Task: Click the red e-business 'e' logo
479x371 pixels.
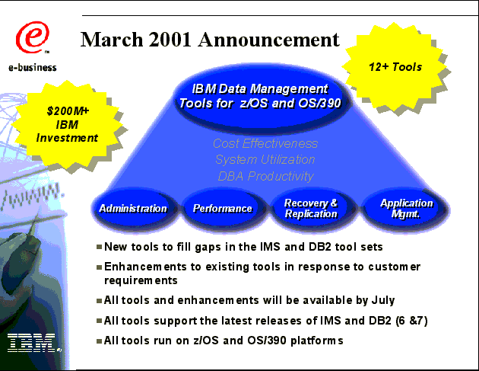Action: pyautogui.click(x=33, y=37)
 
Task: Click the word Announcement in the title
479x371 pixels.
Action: pyautogui.click(x=269, y=40)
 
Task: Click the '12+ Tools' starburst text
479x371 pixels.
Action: pyautogui.click(x=395, y=67)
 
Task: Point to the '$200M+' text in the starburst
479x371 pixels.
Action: pyautogui.click(x=68, y=110)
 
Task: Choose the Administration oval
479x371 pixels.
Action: pyautogui.click(x=133, y=209)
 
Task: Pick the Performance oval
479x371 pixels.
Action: pyautogui.click(x=223, y=209)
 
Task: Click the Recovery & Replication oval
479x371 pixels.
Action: pyautogui.click(x=311, y=209)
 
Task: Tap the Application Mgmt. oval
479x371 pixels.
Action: pyautogui.click(x=406, y=209)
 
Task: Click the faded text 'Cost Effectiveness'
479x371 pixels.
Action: pyautogui.click(x=265, y=143)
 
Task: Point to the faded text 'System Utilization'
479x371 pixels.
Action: pyautogui.click(x=265, y=159)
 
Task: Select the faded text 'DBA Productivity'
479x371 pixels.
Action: pyautogui.click(x=266, y=176)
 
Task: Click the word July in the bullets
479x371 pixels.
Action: pyautogui.click(x=383, y=300)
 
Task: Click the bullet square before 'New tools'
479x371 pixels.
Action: pyautogui.click(x=99, y=247)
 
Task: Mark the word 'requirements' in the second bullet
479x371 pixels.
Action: pyautogui.click(x=141, y=280)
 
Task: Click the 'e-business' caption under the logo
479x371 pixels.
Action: pyautogui.click(x=33, y=67)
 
